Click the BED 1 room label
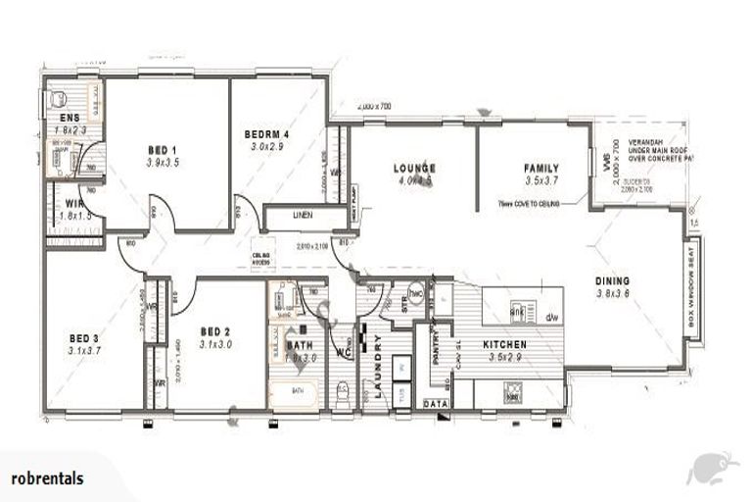162,149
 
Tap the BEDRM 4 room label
267,133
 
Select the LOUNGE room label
414,168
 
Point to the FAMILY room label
540,168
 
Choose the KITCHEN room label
505,345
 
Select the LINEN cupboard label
303,216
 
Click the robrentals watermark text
46,479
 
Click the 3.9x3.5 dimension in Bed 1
162,162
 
